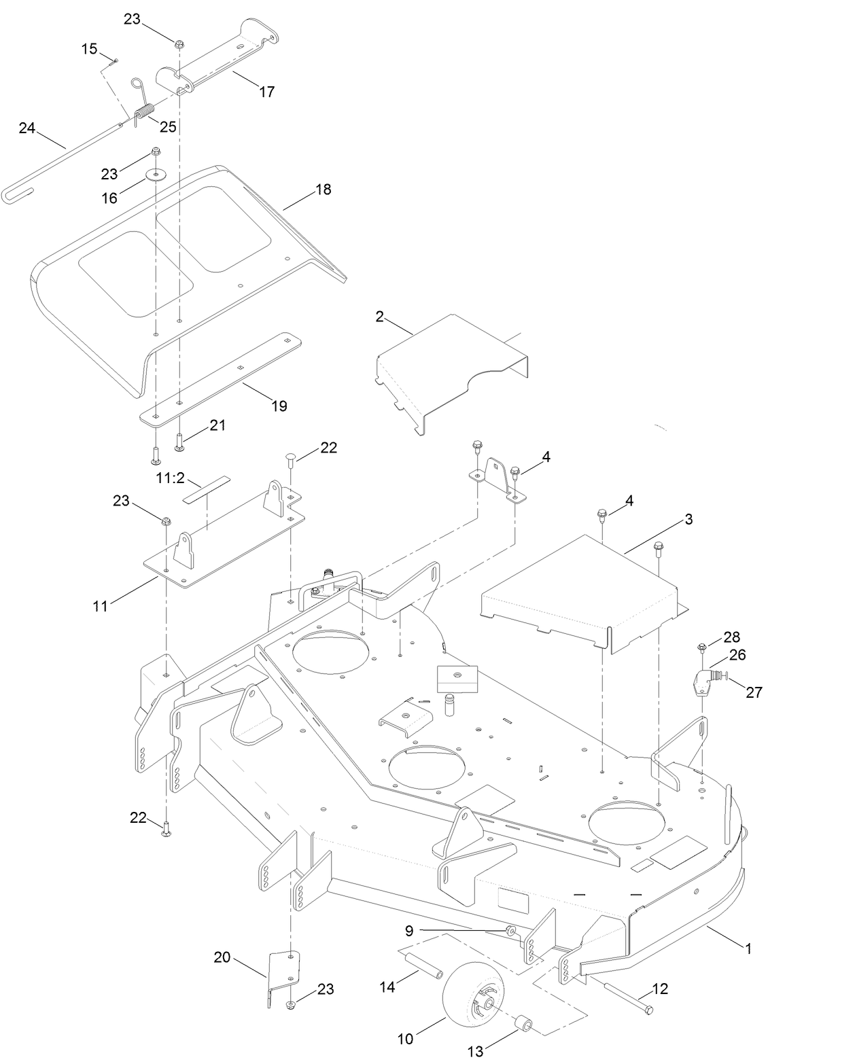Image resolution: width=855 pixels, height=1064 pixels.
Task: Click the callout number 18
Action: (324, 190)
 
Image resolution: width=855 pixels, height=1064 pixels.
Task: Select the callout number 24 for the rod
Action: (27, 128)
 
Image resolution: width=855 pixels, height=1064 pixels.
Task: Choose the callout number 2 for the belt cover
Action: (379, 317)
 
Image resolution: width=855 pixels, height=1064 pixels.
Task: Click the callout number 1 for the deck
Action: (748, 948)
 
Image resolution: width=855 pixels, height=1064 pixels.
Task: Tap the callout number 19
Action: (279, 406)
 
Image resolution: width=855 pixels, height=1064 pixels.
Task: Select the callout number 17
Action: (267, 91)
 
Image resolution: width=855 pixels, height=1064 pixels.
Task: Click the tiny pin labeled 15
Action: (114, 60)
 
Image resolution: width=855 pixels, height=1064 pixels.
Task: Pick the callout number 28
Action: (731, 637)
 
